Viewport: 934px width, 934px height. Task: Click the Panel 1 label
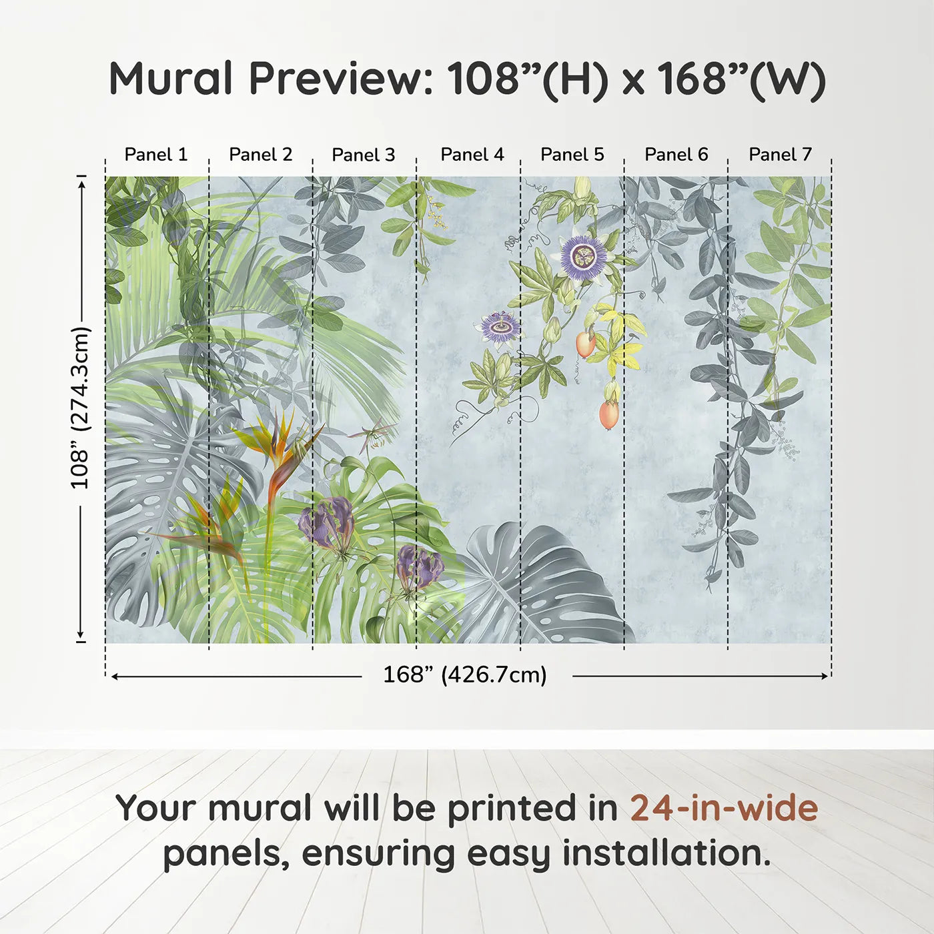pyautogui.click(x=156, y=155)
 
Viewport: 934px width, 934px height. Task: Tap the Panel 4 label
pyautogui.click(x=472, y=155)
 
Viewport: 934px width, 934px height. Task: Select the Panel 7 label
pyautogui.click(x=780, y=155)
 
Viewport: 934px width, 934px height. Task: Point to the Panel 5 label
pyautogui.click(x=572, y=155)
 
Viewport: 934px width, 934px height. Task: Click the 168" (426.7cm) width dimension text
pyautogui.click(x=464, y=675)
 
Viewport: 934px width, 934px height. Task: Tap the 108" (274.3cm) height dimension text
pyautogui.click(x=80, y=408)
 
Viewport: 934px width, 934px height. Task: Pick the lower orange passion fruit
pyautogui.click(x=608, y=414)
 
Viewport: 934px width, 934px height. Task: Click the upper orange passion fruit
pyautogui.click(x=585, y=343)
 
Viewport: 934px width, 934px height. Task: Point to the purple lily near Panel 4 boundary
pyautogui.click(x=418, y=567)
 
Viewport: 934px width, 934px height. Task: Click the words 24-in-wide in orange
pyautogui.click(x=724, y=809)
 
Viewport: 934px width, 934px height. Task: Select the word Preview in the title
pyautogui.click(x=341, y=79)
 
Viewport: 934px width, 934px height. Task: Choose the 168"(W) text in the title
pyautogui.click(x=741, y=79)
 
